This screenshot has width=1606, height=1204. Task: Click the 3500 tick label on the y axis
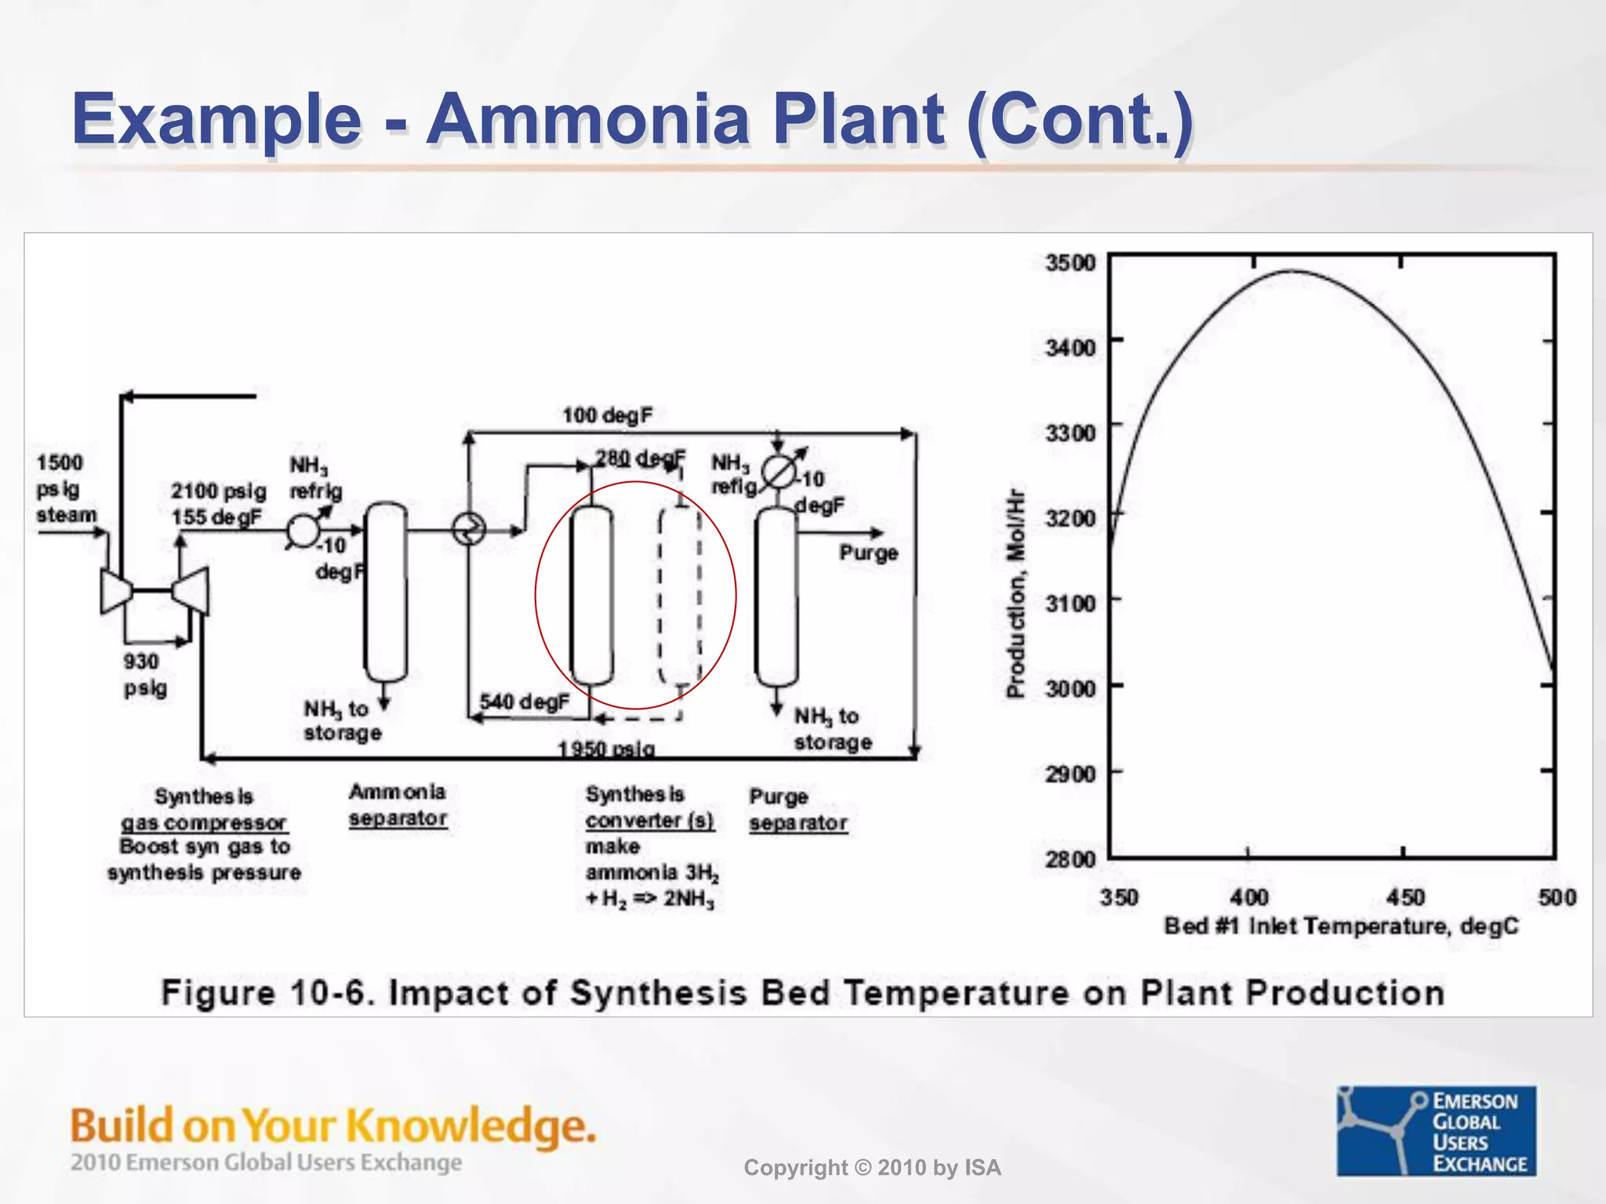click(1070, 263)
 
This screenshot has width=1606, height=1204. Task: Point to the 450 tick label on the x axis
click(1405, 897)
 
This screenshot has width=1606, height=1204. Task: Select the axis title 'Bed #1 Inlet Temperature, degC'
click(1341, 927)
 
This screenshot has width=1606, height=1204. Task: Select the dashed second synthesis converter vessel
click(679, 596)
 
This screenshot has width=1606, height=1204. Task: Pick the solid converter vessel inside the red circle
click(591, 596)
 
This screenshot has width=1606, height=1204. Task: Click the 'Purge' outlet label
click(868, 553)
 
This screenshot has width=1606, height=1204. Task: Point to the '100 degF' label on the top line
click(607, 415)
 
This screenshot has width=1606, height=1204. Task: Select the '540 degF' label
click(524, 702)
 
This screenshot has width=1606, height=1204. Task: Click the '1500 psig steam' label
click(65, 489)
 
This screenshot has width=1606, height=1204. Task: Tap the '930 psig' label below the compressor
click(144, 675)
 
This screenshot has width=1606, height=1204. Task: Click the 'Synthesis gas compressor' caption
click(204, 810)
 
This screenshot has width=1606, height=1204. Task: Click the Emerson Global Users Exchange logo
click(1436, 1130)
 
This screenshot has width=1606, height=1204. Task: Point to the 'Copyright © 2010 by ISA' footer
click(872, 1168)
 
